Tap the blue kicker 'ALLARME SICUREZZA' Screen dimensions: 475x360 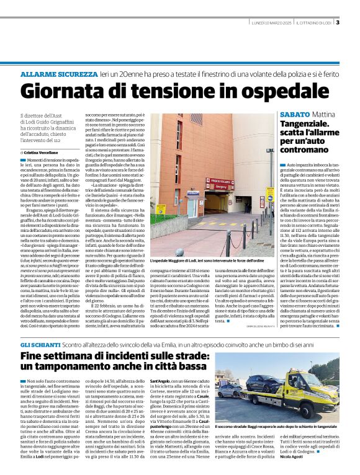59,74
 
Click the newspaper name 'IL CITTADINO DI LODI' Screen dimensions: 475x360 315,23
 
